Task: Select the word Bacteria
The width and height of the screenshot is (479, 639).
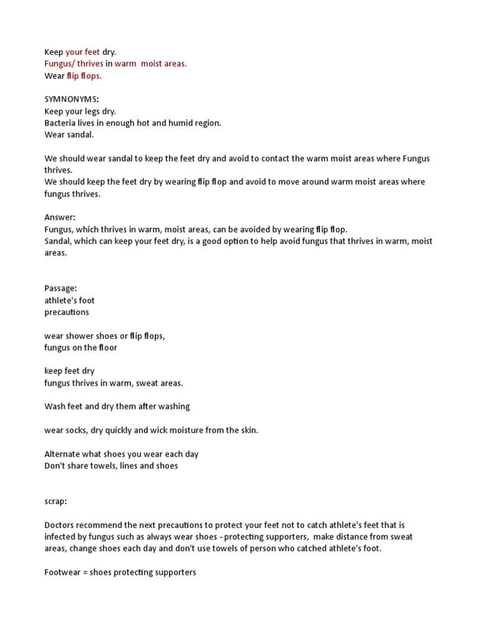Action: [x=60, y=123]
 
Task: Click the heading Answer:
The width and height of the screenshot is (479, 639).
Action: [x=60, y=217]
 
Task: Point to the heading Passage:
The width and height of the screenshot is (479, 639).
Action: [x=60, y=288]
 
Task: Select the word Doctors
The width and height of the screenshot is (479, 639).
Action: [x=60, y=525]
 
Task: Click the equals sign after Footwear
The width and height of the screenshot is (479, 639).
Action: [x=85, y=572]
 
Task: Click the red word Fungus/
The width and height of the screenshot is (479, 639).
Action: [x=59, y=64]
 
